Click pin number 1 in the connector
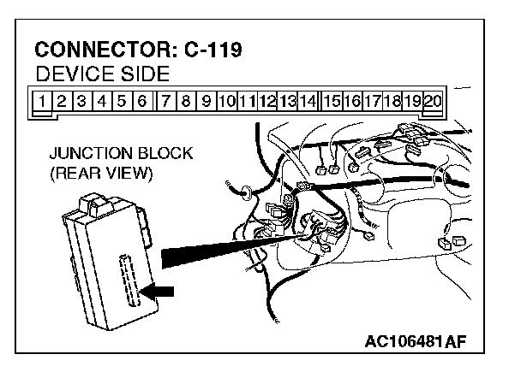click(x=41, y=100)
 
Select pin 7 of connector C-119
click(x=165, y=100)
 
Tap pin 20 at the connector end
click(x=433, y=100)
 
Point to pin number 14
click(x=308, y=100)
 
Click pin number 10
click(x=226, y=100)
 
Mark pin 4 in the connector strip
click(x=102, y=100)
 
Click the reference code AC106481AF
click(x=416, y=343)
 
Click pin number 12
click(x=267, y=100)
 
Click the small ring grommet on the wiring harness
click(x=246, y=192)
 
